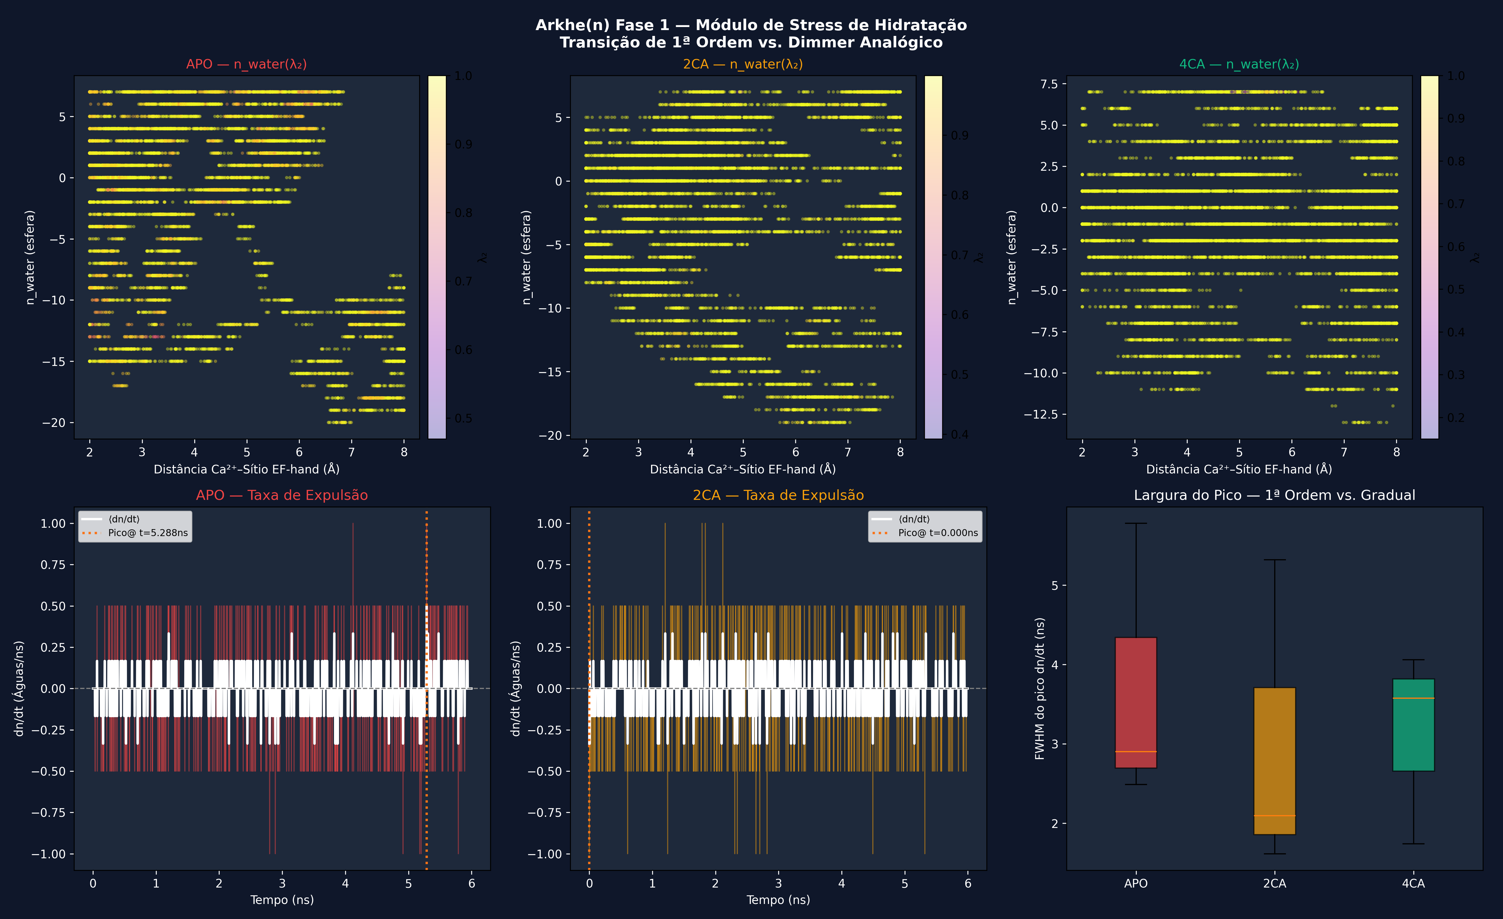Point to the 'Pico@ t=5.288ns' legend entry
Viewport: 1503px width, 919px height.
point(148,533)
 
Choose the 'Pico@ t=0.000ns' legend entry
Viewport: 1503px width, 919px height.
point(937,533)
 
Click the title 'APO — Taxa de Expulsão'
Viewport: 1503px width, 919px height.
point(282,495)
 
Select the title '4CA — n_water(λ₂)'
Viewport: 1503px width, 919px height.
point(1239,64)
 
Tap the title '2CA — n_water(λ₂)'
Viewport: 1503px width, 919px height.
point(742,64)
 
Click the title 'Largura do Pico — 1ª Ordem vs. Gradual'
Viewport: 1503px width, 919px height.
point(1274,495)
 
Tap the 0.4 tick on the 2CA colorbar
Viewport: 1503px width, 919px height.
point(959,434)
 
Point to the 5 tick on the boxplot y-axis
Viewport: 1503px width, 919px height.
point(1055,585)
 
